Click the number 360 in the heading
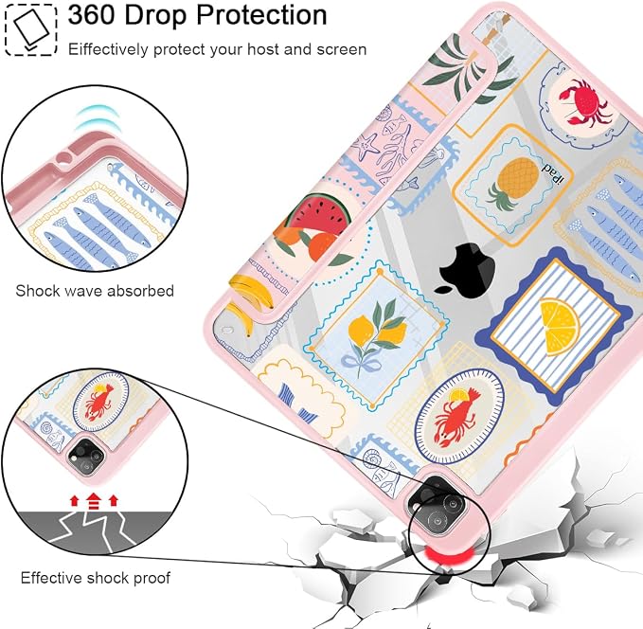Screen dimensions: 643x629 [92, 15]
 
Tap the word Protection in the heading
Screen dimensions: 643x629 [261, 15]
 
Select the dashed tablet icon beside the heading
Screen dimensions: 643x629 [30, 29]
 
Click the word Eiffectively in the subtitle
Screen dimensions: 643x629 [108, 49]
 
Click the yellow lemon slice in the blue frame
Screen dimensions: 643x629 [559, 326]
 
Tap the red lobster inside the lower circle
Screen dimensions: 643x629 [98, 403]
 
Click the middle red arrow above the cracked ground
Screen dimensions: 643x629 [94, 500]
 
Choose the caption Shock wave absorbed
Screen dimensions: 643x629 [95, 291]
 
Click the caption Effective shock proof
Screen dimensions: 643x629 [95, 578]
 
